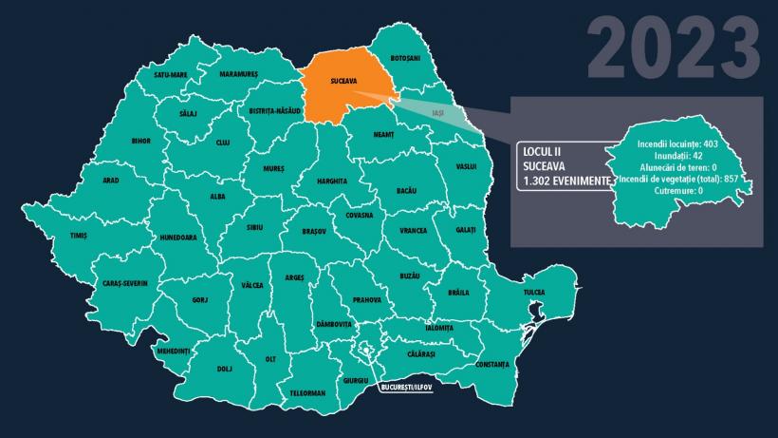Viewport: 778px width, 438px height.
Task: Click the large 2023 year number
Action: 674,48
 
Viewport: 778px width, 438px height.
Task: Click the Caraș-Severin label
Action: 125,283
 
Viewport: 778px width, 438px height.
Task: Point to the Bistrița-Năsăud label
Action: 274,111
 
